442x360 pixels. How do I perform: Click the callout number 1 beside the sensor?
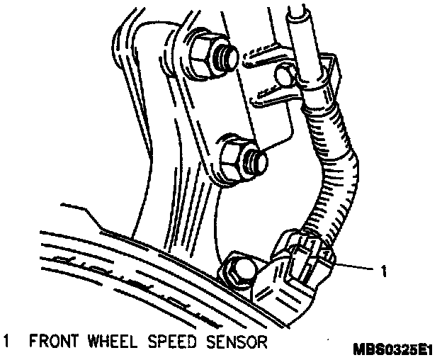pos(383,269)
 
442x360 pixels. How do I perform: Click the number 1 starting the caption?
pos(6,342)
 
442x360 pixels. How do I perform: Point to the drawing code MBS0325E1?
pos(396,349)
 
